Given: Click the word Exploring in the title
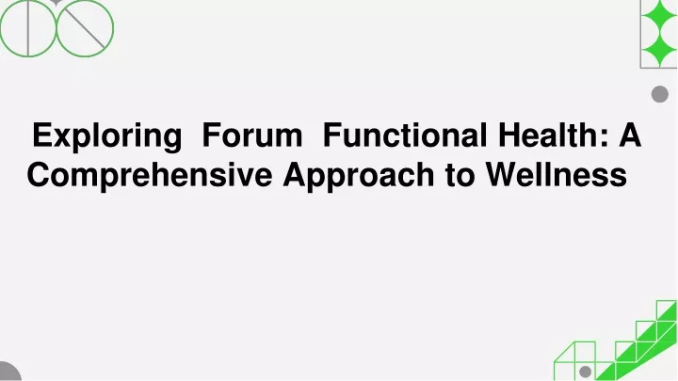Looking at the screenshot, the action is pyautogui.click(x=106, y=136).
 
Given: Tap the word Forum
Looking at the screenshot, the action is pyautogui.click(x=252, y=135).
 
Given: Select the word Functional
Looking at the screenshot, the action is pyautogui.click(x=405, y=135).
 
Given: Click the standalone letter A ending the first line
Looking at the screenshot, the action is pyautogui.click(x=630, y=135).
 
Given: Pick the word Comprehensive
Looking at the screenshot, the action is pyautogui.click(x=150, y=176).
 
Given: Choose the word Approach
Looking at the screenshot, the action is pyautogui.click(x=359, y=176).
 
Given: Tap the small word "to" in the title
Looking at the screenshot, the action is pyautogui.click(x=460, y=175).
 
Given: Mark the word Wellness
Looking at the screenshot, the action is pyautogui.click(x=557, y=175).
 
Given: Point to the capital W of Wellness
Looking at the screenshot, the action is pyautogui.click(x=503, y=175).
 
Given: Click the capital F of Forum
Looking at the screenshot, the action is pyautogui.click(x=212, y=135).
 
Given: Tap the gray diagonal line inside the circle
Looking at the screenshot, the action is pyautogui.click(x=85, y=28).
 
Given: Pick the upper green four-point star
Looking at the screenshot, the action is pyautogui.click(x=660, y=16).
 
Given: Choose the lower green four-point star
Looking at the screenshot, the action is pyautogui.click(x=660, y=49).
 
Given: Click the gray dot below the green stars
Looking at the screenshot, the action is pyautogui.click(x=660, y=94).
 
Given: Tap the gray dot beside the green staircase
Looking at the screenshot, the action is pyautogui.click(x=585, y=372).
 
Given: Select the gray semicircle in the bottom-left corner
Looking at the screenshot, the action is pyautogui.click(x=8, y=373).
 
